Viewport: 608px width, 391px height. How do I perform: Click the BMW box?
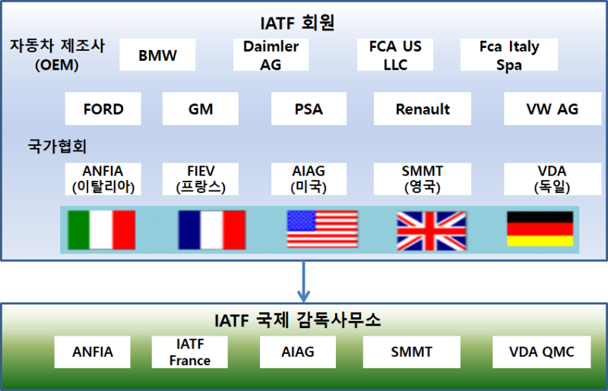[157, 55]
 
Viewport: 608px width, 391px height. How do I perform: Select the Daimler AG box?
[271, 55]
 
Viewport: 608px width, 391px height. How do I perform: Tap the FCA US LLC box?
[395, 55]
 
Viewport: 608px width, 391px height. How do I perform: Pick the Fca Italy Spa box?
[509, 55]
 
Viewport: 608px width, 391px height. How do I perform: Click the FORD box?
[103, 109]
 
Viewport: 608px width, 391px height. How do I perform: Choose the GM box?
[201, 109]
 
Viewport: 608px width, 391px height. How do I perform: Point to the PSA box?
[309, 109]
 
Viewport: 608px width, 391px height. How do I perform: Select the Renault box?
[423, 109]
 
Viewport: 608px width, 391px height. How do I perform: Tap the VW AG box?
[552, 109]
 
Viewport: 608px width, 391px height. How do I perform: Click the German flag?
[540, 229]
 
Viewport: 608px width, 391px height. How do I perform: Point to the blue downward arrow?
[304, 281]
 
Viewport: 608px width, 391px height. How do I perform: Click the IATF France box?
[190, 352]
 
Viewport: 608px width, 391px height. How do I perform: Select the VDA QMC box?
[541, 352]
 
